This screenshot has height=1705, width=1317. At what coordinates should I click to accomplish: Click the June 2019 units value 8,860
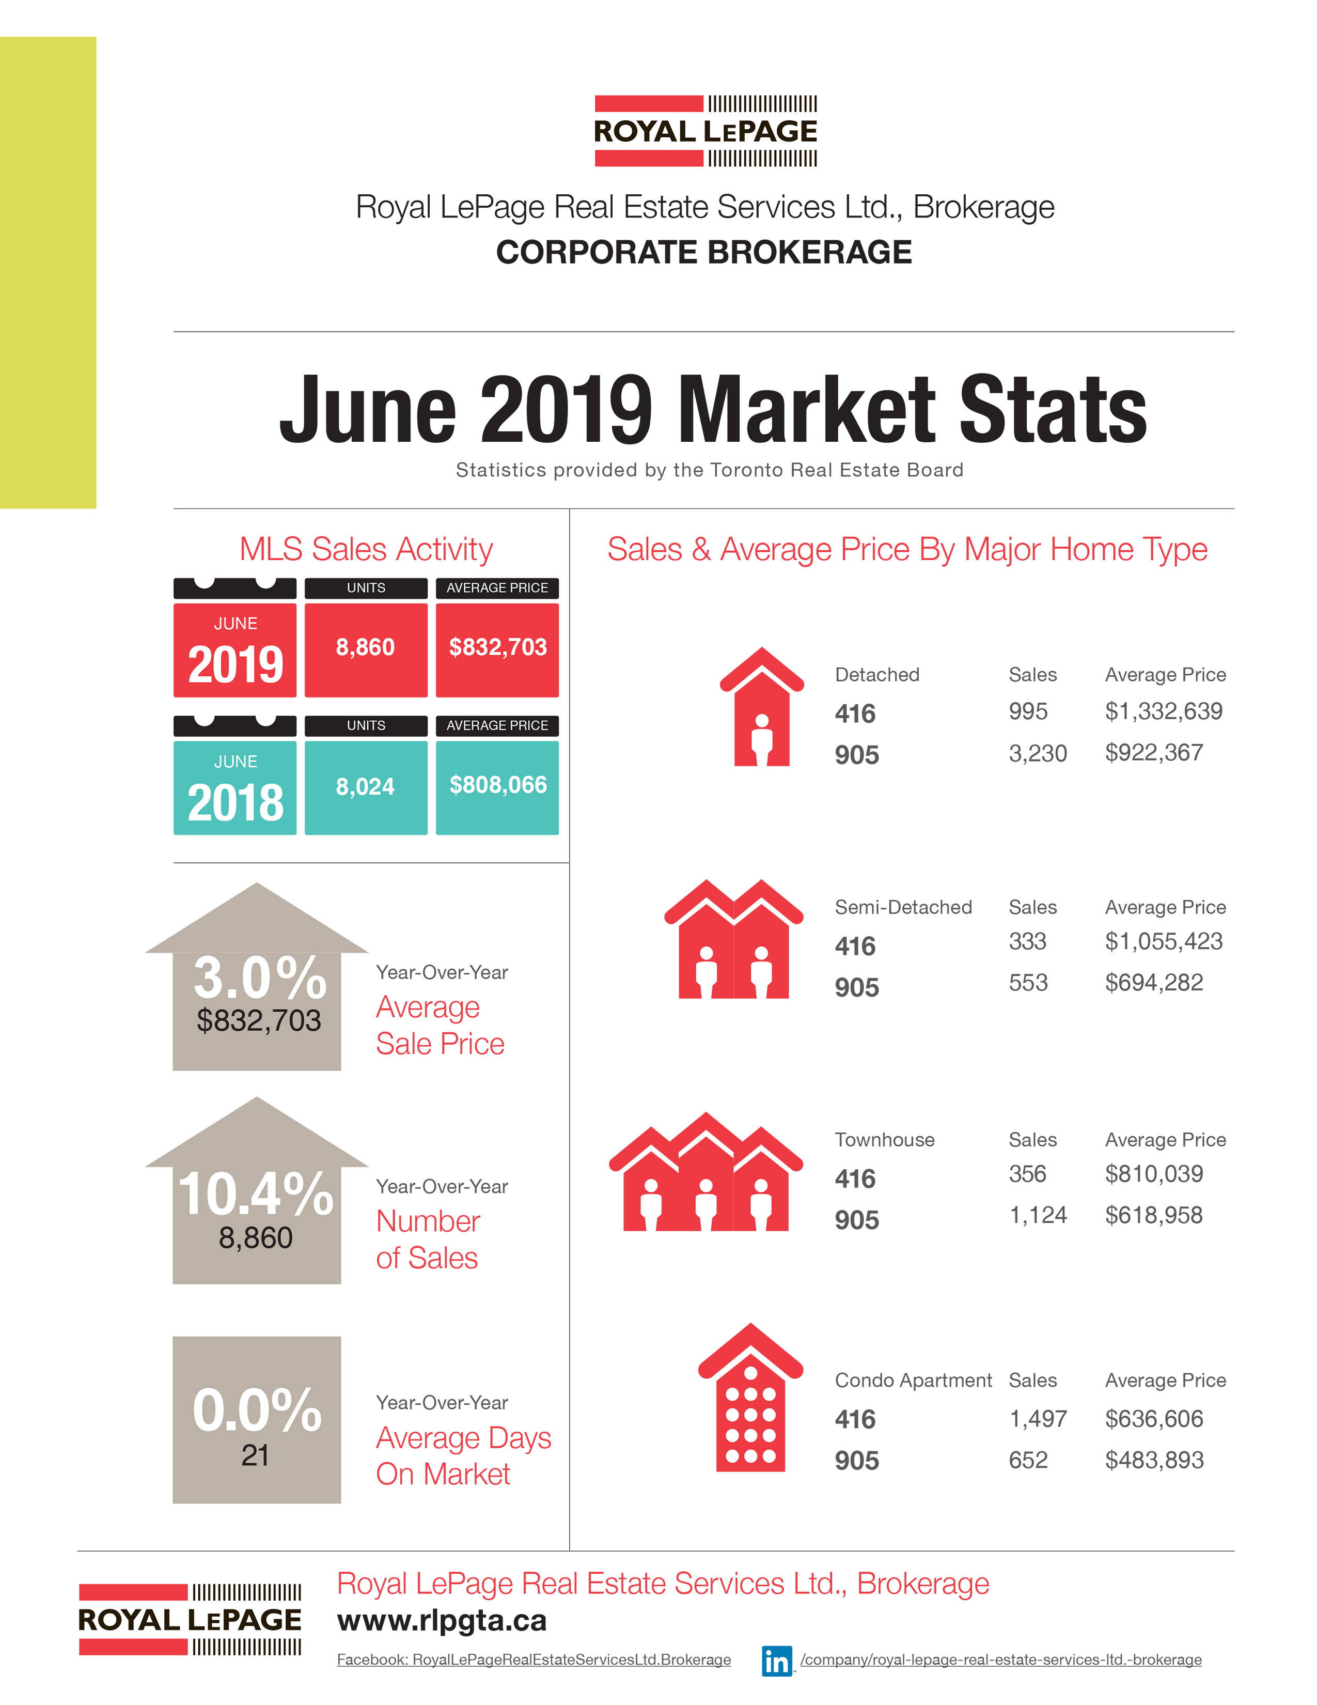(x=365, y=647)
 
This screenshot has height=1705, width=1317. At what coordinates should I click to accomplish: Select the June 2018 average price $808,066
(x=498, y=785)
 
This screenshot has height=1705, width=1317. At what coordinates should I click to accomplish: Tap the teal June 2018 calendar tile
(x=235, y=787)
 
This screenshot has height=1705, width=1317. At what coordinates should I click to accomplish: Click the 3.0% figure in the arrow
(x=259, y=978)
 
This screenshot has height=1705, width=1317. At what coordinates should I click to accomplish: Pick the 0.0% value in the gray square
(x=257, y=1410)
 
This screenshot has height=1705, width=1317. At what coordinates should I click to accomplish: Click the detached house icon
(x=761, y=707)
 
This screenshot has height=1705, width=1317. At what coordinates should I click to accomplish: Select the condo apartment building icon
(x=750, y=1399)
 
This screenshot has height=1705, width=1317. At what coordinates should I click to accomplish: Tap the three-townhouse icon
(x=705, y=1173)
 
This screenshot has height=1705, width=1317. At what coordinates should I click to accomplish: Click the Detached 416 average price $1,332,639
(x=1163, y=711)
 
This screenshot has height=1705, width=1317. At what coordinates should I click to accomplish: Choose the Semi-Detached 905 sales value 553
(x=1028, y=982)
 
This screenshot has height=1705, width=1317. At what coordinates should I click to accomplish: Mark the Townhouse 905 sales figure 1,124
(x=1038, y=1215)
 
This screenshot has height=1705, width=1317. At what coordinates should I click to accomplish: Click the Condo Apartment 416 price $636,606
(x=1154, y=1418)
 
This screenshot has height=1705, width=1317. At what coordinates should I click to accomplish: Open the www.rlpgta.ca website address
(x=442, y=1621)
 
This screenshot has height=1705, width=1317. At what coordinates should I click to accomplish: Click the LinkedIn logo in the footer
(x=776, y=1661)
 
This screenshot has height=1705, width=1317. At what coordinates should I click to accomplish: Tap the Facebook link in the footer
(x=534, y=1660)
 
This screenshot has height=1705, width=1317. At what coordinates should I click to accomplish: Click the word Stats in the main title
(x=1053, y=409)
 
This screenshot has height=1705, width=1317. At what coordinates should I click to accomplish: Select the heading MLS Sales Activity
(x=366, y=550)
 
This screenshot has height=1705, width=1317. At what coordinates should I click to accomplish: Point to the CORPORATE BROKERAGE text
(x=704, y=252)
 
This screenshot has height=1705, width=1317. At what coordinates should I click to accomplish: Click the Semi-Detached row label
(x=903, y=907)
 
